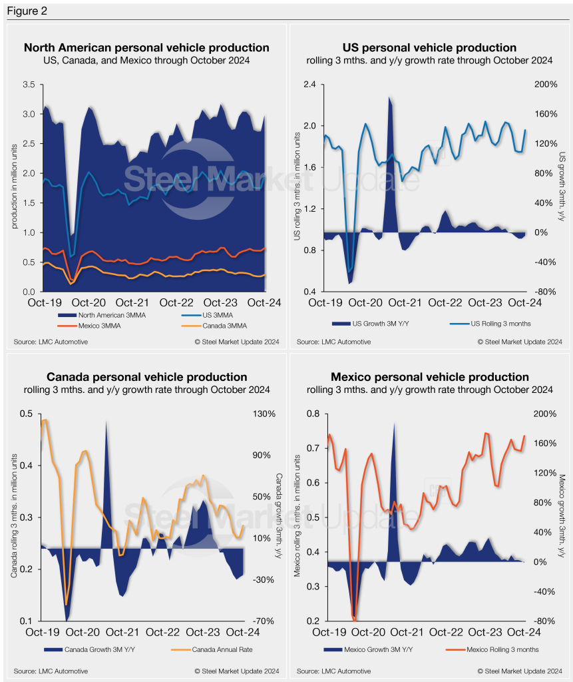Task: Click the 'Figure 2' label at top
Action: (25, 11)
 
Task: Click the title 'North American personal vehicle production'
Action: (146, 48)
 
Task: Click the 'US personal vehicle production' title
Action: (429, 48)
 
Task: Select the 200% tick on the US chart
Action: (545, 85)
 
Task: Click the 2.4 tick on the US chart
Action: (309, 85)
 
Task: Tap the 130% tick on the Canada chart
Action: (264, 414)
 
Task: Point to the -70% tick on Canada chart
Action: (264, 621)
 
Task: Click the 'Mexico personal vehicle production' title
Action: (429, 377)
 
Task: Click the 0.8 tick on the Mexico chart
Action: (309, 414)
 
